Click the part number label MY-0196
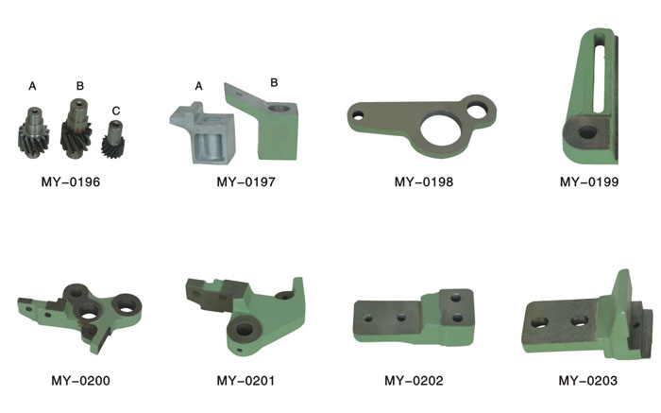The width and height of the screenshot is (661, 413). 71,181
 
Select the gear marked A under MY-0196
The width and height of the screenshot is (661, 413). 34,132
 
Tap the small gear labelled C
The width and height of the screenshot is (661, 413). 113,140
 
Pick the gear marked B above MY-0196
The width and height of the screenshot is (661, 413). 76,129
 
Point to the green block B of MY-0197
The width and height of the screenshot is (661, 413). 265,125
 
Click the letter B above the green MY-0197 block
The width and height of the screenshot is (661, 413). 274,82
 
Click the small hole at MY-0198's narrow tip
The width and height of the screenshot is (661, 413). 358,114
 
